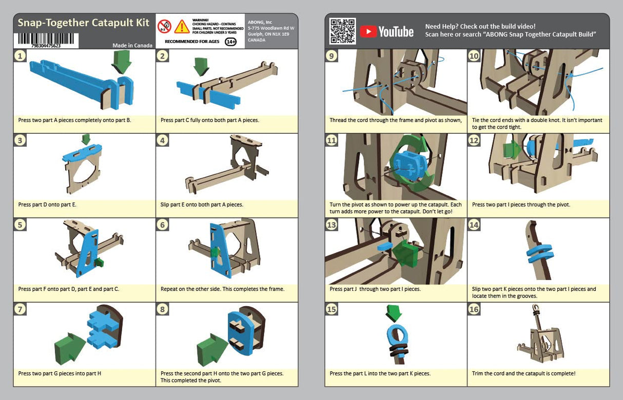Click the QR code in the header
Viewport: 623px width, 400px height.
click(342, 31)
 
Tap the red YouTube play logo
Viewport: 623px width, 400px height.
click(367, 32)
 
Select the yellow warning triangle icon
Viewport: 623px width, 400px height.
click(182, 26)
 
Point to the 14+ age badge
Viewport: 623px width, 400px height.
click(230, 42)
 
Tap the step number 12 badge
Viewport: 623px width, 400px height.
click(474, 141)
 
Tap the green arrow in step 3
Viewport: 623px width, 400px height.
click(86, 139)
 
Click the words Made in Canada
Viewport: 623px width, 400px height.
click(132, 45)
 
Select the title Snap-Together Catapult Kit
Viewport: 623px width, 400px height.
click(83, 23)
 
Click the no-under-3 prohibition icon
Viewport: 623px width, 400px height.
click(164, 26)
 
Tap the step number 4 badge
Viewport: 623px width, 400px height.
click(162, 141)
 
